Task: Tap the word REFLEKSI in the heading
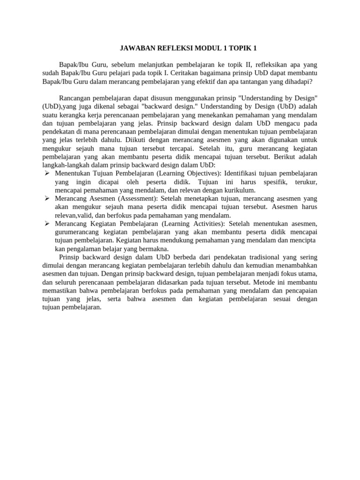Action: point(177,48)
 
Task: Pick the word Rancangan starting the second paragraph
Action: point(75,98)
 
